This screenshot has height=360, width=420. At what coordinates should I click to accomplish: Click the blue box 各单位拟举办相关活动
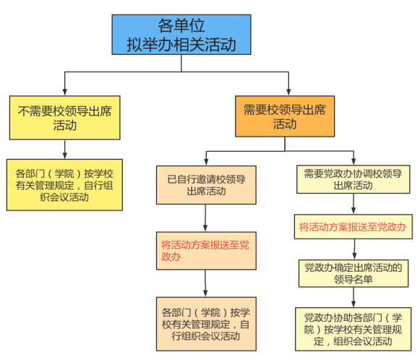pos(181,35)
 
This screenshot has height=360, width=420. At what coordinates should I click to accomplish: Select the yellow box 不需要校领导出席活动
pos(65,118)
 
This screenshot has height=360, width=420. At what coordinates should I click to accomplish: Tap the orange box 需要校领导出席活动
pos(285,116)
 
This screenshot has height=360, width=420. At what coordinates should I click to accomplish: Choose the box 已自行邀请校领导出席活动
pos(206,185)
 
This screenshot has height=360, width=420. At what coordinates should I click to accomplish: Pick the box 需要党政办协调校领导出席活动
pos(353,179)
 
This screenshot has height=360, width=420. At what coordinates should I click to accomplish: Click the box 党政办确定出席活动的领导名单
pos(353,273)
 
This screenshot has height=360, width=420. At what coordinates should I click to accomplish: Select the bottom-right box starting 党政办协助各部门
pos(353,329)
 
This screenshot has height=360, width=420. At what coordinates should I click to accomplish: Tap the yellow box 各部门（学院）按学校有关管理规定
pos(64,185)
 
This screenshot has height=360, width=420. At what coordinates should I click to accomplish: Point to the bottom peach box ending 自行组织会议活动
pos(206,324)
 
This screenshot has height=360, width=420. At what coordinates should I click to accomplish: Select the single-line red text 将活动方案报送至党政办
pos(353,227)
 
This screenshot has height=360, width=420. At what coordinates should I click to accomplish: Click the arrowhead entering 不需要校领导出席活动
pos(64,92)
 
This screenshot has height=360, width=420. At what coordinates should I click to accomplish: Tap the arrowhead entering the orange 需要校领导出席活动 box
pos(288,92)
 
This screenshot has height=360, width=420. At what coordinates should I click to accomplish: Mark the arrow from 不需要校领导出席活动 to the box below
pos(65,150)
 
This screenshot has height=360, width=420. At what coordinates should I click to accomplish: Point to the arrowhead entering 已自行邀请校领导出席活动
pos(206,162)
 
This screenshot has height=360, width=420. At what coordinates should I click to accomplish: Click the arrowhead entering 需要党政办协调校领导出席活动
pos(353,161)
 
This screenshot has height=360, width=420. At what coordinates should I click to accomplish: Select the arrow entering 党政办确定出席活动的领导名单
pos(354,249)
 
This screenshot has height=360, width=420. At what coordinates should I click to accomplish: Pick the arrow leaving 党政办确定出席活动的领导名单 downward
pos(353,297)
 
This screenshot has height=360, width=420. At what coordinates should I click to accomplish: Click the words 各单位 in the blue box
pos(181,25)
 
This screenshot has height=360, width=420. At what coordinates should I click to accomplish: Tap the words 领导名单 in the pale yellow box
pos(353,279)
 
